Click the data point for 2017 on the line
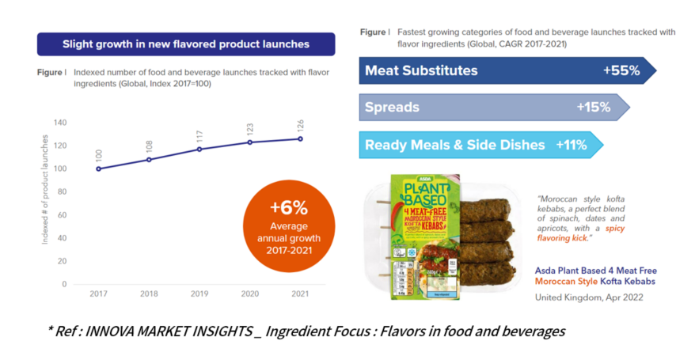pyautogui.click(x=98, y=169)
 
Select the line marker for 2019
pyautogui.click(x=199, y=149)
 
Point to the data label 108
pyautogui.click(x=149, y=148)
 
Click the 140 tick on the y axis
pyautogui.click(x=60, y=123)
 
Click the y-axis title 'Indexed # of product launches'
pyautogui.click(x=45, y=202)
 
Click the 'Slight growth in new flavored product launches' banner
pyautogui.click(x=186, y=44)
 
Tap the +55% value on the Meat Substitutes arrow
pyautogui.click(x=621, y=70)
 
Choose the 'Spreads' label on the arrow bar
pyautogui.click(x=393, y=107)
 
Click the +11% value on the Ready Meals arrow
pyautogui.click(x=571, y=145)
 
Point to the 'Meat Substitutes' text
pyautogui.click(x=421, y=70)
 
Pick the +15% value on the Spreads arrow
pyautogui.click(x=594, y=107)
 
